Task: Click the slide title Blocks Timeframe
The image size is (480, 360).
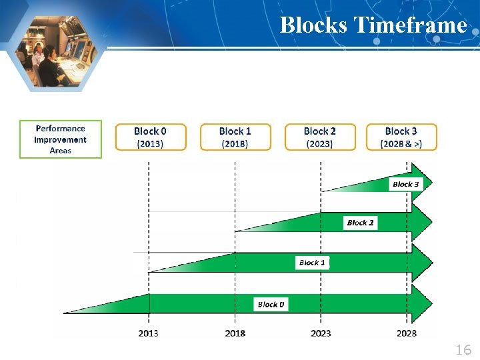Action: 373,25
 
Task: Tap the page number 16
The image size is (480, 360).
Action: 463,349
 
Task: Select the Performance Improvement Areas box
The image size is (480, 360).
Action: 61,139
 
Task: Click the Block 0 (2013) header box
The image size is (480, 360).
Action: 151,137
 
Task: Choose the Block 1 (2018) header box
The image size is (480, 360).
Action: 235,137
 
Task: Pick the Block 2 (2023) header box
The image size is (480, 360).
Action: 319,137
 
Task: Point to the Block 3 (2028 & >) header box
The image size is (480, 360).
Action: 401,137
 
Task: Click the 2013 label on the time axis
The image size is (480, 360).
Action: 149,333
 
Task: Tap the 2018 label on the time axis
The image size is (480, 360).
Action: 235,333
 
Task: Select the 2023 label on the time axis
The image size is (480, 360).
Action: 321,333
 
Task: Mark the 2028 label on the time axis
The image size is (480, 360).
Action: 407,333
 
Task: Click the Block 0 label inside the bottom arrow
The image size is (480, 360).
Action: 271,305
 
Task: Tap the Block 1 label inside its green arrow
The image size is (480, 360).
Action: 312,263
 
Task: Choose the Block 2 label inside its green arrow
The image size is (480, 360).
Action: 360,223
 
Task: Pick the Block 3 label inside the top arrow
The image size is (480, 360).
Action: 406,184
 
